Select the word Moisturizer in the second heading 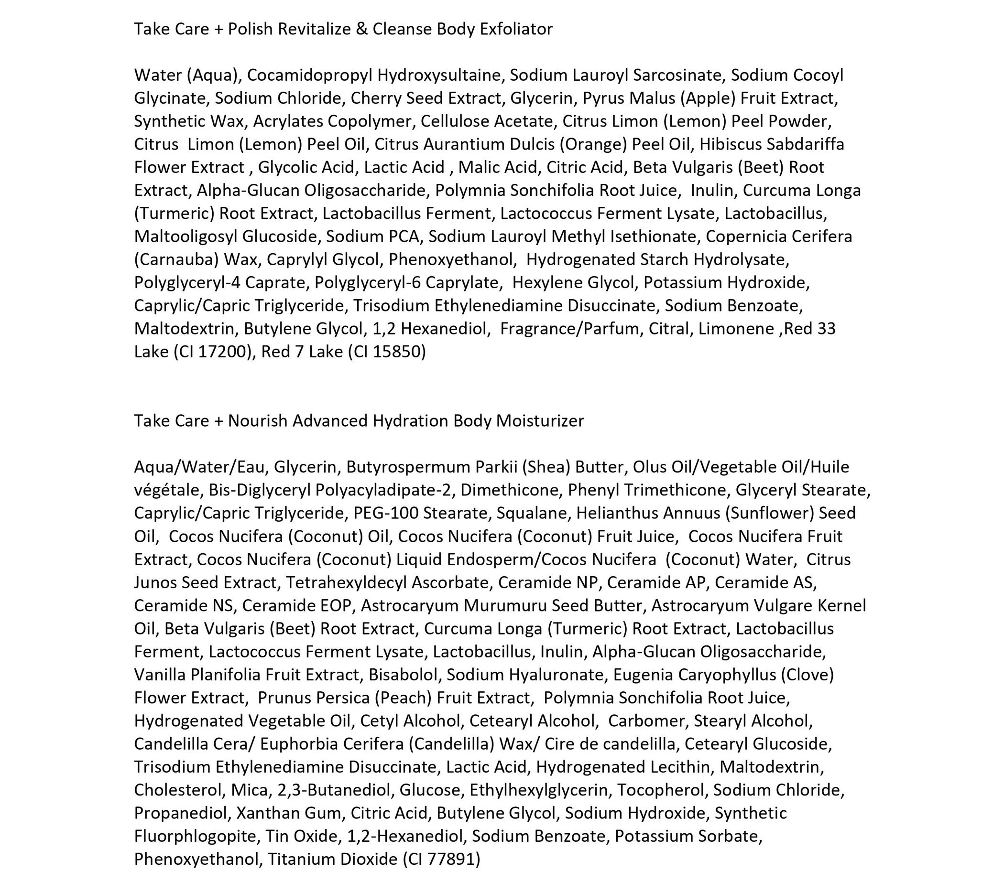point(540,421)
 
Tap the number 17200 point(225,352)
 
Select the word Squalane point(532,513)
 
